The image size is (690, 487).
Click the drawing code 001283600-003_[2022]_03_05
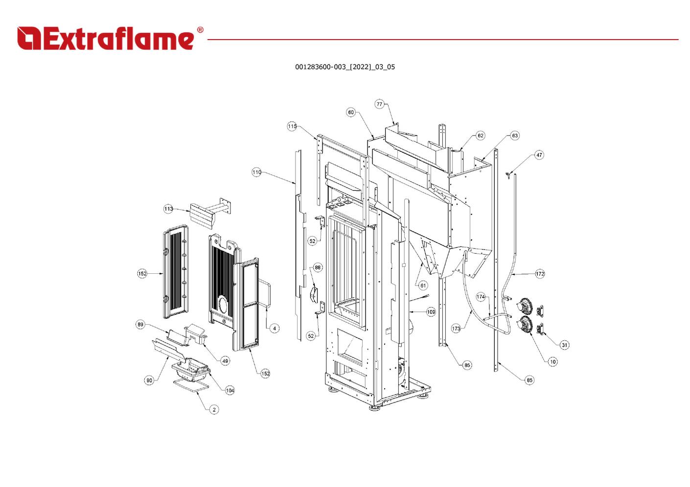pyautogui.click(x=345, y=67)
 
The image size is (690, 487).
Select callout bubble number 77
pyautogui.click(x=379, y=104)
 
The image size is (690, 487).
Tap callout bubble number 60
pyautogui.click(x=351, y=112)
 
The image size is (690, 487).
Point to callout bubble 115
pyautogui.click(x=292, y=126)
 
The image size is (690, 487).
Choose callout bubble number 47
pyautogui.click(x=539, y=155)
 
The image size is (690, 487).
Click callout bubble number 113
pyautogui.click(x=168, y=209)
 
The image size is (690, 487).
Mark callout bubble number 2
pyautogui.click(x=214, y=410)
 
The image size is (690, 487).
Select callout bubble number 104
pyautogui.click(x=230, y=391)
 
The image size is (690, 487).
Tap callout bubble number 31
pyautogui.click(x=564, y=345)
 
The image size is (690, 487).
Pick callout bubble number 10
pyautogui.click(x=552, y=362)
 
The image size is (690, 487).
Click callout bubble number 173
pyautogui.click(x=456, y=329)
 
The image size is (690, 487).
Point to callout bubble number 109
pyautogui.click(x=431, y=312)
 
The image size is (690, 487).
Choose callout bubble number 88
pyautogui.click(x=318, y=267)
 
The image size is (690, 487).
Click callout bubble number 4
pyautogui.click(x=275, y=329)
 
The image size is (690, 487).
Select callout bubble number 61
pyautogui.click(x=423, y=286)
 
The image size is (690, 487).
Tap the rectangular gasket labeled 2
pyautogui.click(x=191, y=380)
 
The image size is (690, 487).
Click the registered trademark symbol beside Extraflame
pyautogui.click(x=200, y=30)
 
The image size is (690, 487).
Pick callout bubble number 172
pyautogui.click(x=540, y=274)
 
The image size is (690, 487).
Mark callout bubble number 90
pyautogui.click(x=149, y=380)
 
